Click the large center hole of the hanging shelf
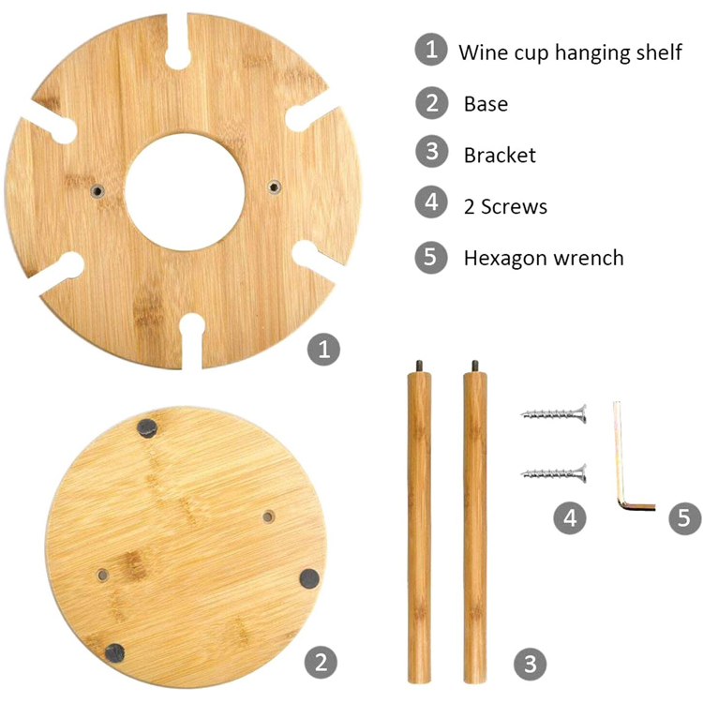185,191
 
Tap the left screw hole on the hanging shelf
97,191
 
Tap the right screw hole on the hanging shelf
275,187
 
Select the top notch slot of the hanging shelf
177,42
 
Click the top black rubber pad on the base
147,428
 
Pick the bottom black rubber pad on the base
114,652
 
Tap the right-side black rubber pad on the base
309,578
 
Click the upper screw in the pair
554,413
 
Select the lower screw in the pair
554,473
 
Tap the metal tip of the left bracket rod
419,366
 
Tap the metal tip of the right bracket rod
475,366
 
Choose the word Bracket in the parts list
500,155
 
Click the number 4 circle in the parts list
431,202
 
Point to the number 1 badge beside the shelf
323,349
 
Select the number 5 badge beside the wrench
684,517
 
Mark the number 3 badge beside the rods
530,664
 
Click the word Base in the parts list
486,104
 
